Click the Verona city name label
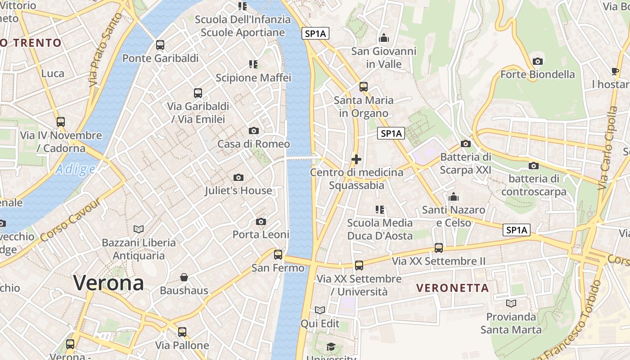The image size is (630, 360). (x=108, y=283)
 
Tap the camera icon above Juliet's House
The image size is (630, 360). (x=238, y=178)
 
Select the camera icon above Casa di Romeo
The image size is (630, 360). (x=254, y=131)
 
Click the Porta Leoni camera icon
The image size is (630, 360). (x=261, y=221)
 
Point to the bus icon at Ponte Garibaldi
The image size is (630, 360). (x=160, y=45)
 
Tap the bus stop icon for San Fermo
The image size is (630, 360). (x=278, y=255)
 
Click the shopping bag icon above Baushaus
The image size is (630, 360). (x=184, y=277)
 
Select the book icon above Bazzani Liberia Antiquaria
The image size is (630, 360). (x=139, y=229)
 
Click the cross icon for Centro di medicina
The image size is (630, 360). (x=356, y=159)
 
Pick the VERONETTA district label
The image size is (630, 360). (x=452, y=288)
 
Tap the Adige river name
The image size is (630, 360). (x=75, y=170)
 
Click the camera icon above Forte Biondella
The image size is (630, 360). (x=537, y=61)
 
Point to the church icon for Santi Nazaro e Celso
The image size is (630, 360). (x=454, y=197)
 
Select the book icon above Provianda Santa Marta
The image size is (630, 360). (x=511, y=303)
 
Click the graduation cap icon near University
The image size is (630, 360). (x=331, y=346)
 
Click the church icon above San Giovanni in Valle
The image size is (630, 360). (x=384, y=38)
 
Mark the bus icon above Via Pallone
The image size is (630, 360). (x=182, y=332)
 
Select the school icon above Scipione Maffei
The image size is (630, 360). (x=253, y=64)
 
